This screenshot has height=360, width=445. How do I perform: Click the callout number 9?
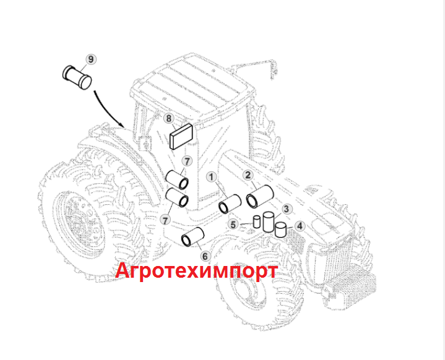(x=91, y=59)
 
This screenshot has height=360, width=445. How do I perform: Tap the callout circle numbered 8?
(x=168, y=118)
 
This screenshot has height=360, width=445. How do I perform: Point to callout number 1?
(x=211, y=178)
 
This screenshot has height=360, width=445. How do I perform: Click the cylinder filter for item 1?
(x=230, y=204)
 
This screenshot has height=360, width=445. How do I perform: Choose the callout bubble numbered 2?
(x=248, y=175)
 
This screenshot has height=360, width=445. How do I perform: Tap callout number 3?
(x=287, y=210)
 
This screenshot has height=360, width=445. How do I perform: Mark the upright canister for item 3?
(x=269, y=221)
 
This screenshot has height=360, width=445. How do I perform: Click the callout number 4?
(x=300, y=226)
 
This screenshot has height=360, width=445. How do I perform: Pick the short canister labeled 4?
(x=281, y=230)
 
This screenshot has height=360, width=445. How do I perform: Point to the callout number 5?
(x=233, y=225)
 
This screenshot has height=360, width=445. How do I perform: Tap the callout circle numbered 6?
(x=205, y=255)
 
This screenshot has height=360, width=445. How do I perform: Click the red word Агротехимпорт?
(x=197, y=271)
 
